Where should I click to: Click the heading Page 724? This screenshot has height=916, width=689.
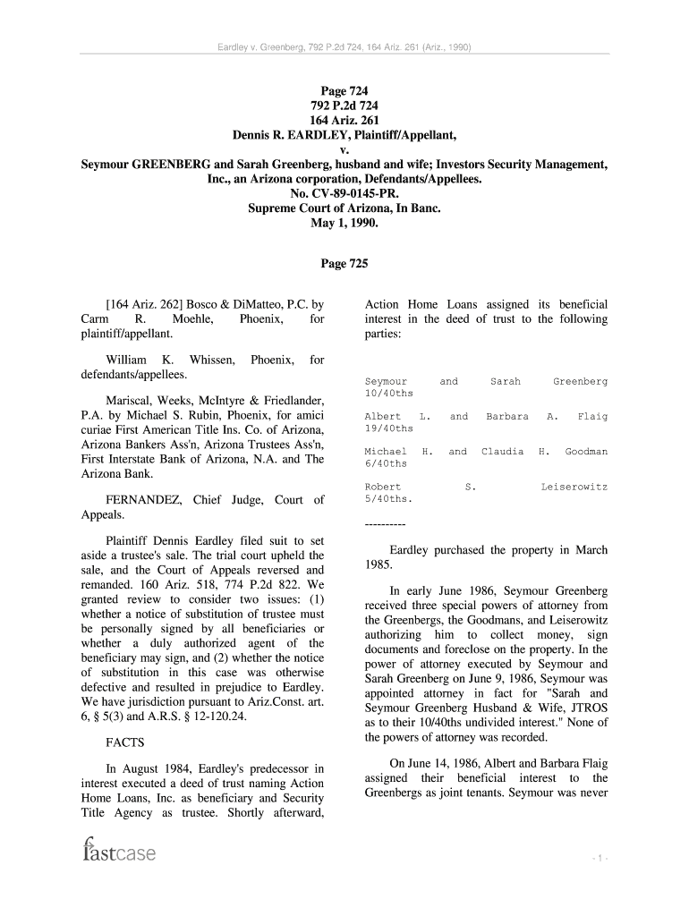point(344,90)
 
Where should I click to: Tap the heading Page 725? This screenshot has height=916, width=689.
point(344,264)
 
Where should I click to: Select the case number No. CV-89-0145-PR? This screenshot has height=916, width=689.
point(344,193)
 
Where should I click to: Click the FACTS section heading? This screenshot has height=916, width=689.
point(125,742)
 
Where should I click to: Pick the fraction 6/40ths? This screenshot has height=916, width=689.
point(386,463)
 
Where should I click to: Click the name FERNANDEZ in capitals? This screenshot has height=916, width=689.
point(142,500)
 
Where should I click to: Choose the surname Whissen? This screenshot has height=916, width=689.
point(212,360)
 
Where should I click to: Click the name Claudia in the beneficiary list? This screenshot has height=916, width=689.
point(502,452)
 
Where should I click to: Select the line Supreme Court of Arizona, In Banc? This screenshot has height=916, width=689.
point(344,208)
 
